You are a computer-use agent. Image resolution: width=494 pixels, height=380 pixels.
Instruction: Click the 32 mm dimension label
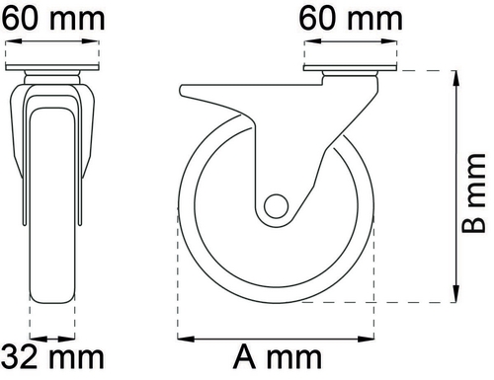coord(54,357)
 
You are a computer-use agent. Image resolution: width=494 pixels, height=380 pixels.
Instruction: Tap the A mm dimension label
coord(278,357)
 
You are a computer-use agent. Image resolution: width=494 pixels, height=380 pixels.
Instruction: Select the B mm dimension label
coord(473,193)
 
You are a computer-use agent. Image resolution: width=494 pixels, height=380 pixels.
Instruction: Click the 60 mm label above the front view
coord(52,19)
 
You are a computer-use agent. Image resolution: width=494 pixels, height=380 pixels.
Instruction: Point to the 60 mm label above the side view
coord(351,19)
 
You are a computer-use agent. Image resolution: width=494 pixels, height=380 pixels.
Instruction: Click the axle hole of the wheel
coord(276,206)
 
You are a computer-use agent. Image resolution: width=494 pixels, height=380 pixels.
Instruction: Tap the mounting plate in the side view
coord(351,68)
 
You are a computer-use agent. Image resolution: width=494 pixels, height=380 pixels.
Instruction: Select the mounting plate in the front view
coord(52,67)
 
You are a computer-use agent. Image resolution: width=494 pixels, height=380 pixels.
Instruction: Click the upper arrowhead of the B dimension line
coord(456,80)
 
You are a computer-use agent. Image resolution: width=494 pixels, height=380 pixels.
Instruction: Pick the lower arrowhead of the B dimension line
coord(456,293)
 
